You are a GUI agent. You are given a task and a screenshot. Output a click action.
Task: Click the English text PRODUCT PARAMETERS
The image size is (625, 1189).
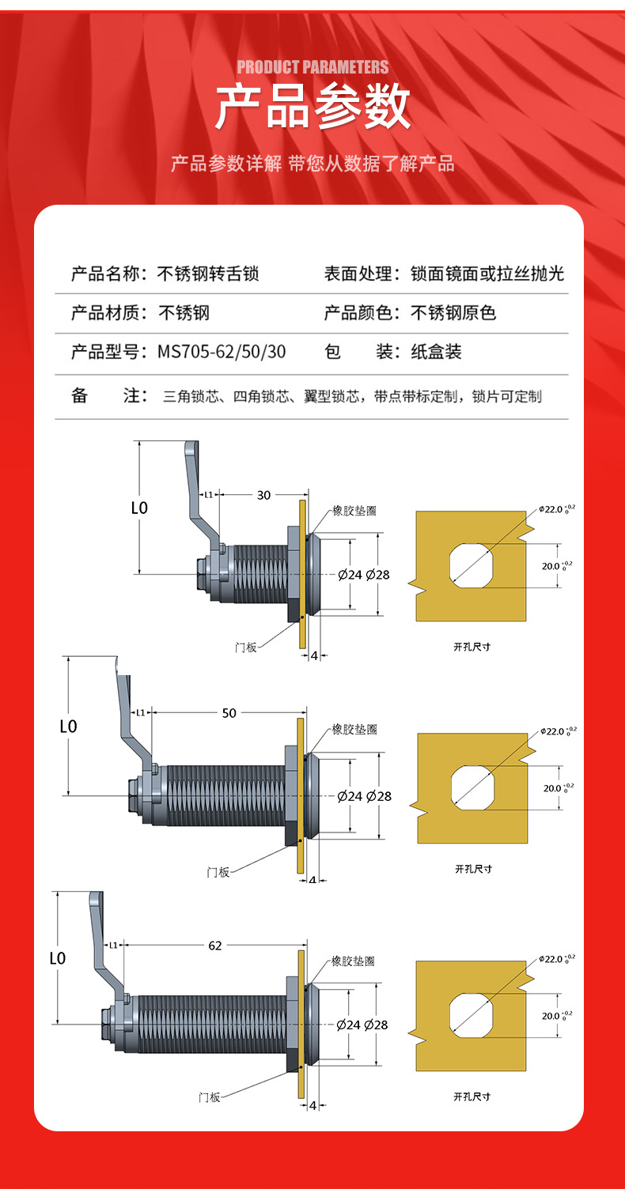(312, 67)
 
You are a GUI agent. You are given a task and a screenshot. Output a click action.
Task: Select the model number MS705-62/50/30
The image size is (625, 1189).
(222, 352)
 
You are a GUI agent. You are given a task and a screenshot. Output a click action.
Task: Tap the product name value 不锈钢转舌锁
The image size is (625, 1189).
(208, 274)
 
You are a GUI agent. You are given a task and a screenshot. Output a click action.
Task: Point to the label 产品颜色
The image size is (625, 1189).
(358, 313)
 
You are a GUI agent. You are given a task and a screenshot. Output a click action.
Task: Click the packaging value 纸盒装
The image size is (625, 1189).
(436, 352)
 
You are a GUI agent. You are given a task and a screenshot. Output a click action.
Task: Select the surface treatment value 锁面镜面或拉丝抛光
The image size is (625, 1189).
(487, 274)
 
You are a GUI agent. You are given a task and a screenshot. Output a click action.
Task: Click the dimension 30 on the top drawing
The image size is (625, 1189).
(263, 495)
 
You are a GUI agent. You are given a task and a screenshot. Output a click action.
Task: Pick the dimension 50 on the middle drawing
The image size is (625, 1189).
(229, 713)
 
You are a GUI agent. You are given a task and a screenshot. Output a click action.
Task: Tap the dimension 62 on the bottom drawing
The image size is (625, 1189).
(215, 945)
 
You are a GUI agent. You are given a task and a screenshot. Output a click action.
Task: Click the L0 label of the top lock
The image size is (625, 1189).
(139, 508)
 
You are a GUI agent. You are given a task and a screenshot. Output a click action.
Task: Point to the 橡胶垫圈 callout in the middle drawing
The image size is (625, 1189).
(354, 729)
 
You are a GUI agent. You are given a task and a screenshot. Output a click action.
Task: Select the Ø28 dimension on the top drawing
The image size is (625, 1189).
(377, 575)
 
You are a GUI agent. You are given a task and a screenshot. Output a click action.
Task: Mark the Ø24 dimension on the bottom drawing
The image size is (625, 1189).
(349, 1025)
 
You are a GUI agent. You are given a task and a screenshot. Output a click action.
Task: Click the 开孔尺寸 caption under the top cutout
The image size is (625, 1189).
(472, 646)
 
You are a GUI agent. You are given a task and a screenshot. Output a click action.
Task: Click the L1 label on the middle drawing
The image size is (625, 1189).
(140, 712)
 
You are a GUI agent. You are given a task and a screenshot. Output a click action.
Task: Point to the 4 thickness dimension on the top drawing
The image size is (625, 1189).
(314, 656)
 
